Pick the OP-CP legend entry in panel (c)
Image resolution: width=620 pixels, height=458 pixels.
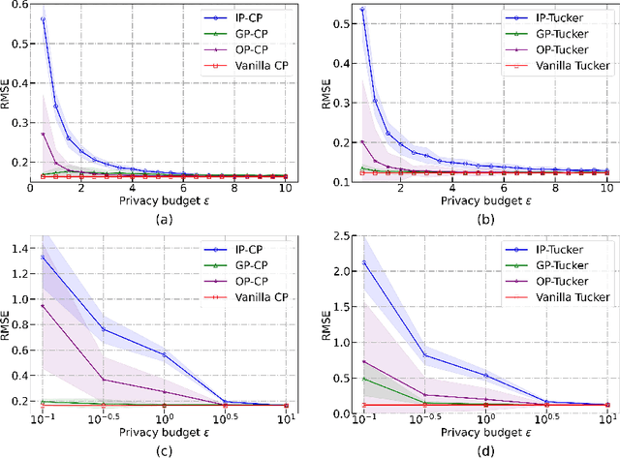pyautogui.click(x=252, y=281)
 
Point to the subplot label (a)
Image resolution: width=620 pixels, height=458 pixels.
pyautogui.click(x=164, y=220)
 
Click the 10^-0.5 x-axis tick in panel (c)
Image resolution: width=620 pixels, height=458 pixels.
pyautogui.click(x=105, y=421)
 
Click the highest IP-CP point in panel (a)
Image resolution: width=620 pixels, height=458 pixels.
pyautogui.click(x=44, y=19)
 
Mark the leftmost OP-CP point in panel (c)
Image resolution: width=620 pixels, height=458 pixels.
pyautogui.click(x=44, y=305)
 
